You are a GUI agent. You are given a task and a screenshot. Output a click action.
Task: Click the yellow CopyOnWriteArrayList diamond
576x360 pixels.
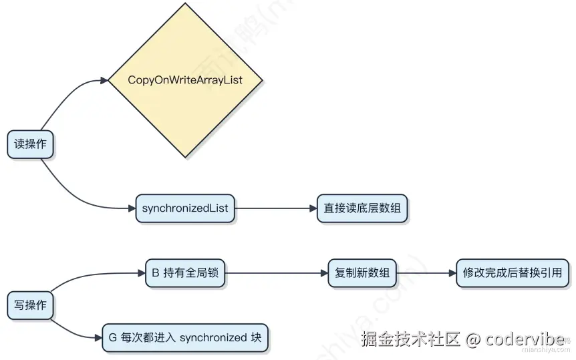185,80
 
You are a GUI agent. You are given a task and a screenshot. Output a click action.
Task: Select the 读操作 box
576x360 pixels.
30,144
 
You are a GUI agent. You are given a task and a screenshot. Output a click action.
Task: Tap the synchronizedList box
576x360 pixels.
185,208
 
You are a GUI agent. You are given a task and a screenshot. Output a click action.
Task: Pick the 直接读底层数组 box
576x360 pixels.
362,208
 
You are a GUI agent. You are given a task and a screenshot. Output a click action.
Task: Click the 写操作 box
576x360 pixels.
30,305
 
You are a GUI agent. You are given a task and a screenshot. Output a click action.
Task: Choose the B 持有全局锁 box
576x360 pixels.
186,273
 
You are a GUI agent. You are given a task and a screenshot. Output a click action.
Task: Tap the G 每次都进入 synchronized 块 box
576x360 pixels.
184,337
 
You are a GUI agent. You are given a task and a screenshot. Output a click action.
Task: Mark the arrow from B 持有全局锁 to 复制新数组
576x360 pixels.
277,273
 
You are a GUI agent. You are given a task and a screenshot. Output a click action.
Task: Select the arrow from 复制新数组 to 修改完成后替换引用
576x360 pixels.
426,273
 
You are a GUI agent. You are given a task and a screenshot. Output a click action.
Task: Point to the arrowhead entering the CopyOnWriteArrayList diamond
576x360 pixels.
104,81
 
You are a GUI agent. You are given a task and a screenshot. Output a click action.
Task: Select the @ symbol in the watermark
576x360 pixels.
473,339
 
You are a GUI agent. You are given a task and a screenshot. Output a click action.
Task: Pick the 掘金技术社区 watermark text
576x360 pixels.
410,339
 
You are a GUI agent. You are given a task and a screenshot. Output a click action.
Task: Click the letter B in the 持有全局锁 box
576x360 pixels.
156,273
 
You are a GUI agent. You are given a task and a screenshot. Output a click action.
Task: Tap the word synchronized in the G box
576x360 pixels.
214,337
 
